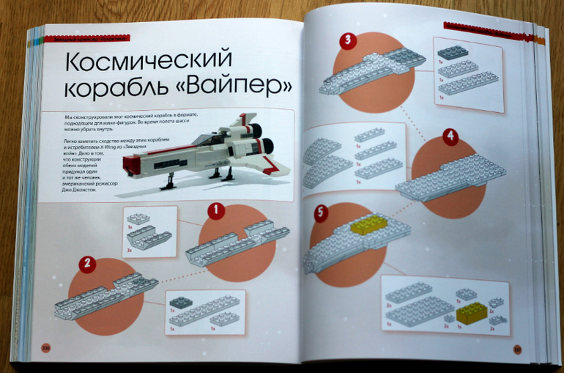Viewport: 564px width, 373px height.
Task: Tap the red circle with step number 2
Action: click(87, 263)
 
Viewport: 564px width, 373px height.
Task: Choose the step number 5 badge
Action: click(319, 213)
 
